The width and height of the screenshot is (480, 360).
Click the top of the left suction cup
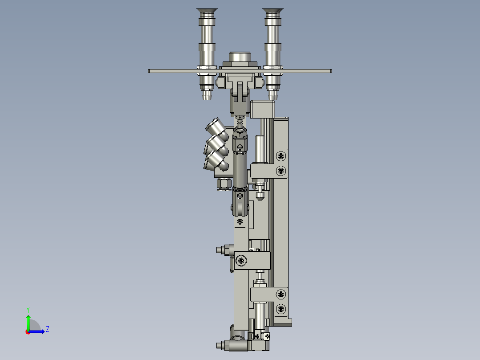click(205, 11)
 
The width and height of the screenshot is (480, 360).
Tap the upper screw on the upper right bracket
click(281, 155)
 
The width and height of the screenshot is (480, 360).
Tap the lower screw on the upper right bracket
click(281, 170)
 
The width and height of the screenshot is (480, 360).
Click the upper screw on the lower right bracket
click(281, 294)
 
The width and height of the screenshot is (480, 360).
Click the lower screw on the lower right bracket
click(281, 308)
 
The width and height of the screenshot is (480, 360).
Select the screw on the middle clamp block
click(241, 260)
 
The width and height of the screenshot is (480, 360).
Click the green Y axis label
click(28, 309)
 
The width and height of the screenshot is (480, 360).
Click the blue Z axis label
click(47, 329)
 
